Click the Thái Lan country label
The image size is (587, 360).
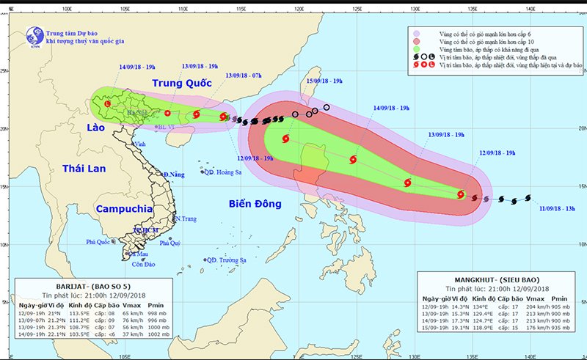click(x=84, y=169)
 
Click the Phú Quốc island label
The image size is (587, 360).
click(x=101, y=241)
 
